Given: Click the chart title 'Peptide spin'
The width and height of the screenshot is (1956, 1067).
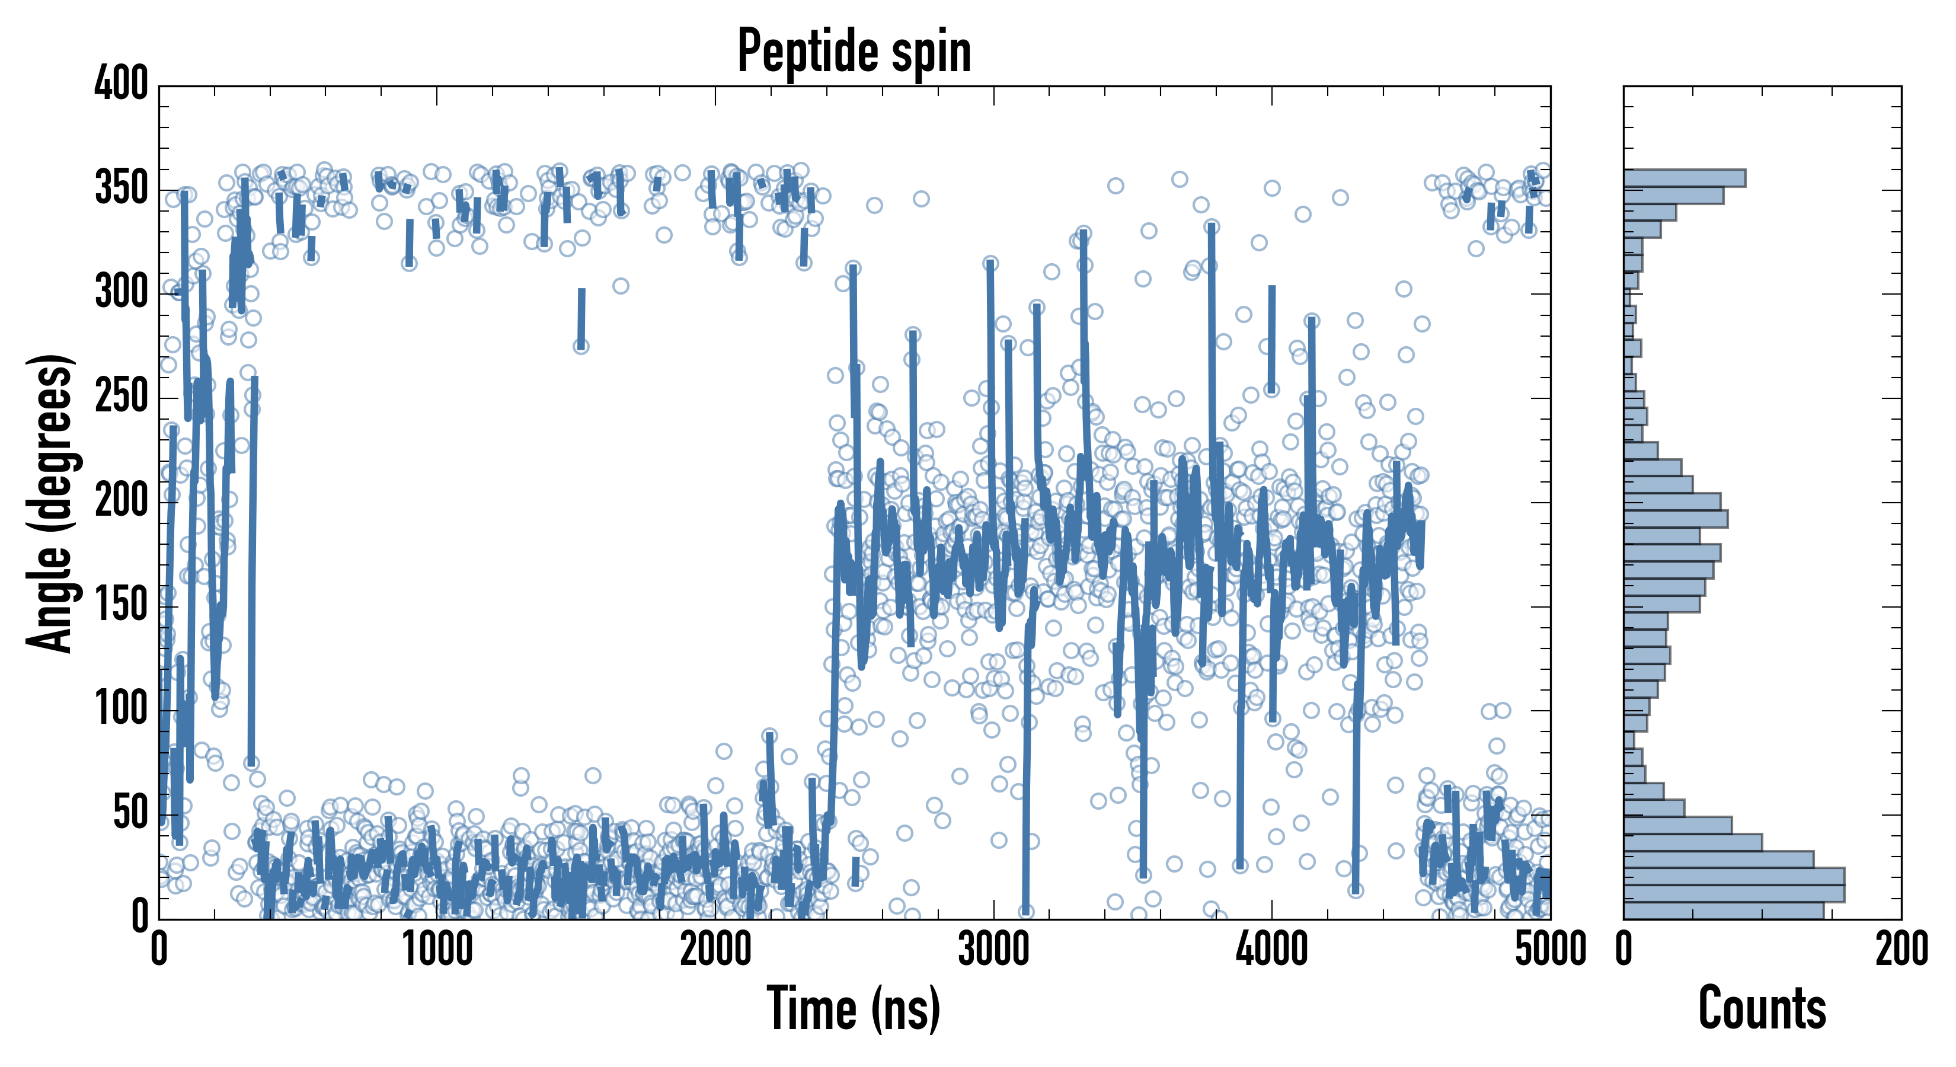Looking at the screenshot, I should click(x=854, y=51).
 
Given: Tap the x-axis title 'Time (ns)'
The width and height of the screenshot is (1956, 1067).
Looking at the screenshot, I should click(x=854, y=1008).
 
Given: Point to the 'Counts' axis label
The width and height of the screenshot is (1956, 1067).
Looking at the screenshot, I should click(x=1762, y=1008).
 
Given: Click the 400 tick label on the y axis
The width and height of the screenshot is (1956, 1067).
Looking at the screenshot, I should click(x=122, y=83).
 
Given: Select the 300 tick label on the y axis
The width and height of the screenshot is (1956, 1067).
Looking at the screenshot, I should click(x=122, y=292).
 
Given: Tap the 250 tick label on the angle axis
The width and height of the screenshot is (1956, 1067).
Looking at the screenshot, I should click(x=122, y=397).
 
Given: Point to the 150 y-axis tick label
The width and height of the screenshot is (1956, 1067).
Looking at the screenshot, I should click(x=122, y=605).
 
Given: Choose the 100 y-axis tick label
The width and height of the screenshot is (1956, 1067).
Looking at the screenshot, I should click(x=122, y=710).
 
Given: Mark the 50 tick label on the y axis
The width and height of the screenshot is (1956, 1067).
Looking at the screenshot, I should click(x=130, y=813).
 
